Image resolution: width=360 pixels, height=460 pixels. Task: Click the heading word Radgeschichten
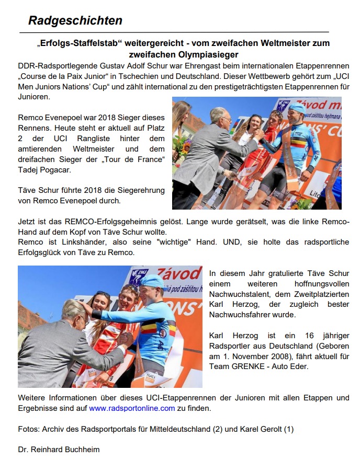[x=75, y=21]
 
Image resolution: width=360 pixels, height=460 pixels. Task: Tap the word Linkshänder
[x=71, y=242]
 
